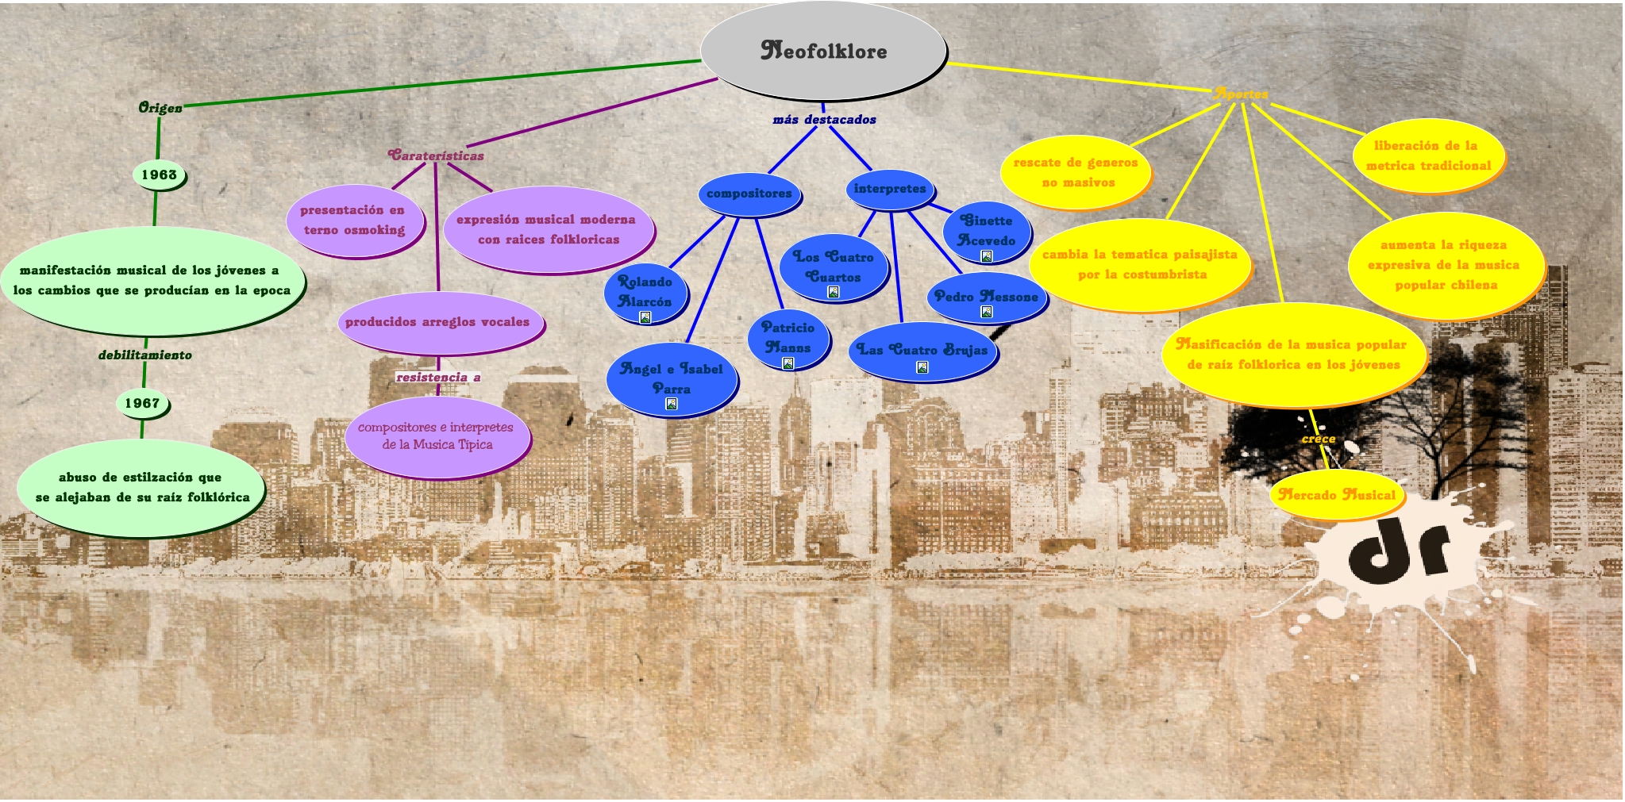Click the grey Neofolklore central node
tap(823, 51)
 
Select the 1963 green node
tap(159, 175)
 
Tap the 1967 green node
tap(142, 403)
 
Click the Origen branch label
tap(160, 108)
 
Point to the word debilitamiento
tap(145, 355)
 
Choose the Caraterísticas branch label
tap(436, 155)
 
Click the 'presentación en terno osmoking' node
tap(353, 220)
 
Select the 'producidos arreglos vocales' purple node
tap(437, 322)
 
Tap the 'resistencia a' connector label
tap(438, 377)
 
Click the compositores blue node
tap(749, 194)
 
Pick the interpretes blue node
tap(889, 189)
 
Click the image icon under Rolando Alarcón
tap(645, 317)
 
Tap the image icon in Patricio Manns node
tap(787, 363)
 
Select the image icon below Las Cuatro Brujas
tap(922, 367)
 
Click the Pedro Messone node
tap(986, 296)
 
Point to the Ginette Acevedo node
tap(986, 229)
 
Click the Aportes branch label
tap(1241, 94)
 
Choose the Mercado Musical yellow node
tap(1338, 495)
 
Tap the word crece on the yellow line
tap(1319, 439)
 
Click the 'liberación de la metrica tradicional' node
tap(1428, 155)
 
